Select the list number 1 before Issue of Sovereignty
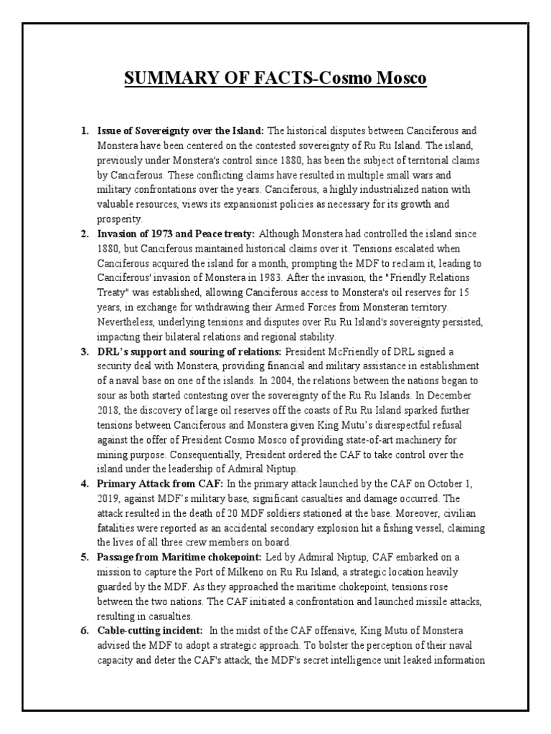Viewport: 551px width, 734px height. coord(84,131)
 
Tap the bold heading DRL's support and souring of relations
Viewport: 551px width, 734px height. coord(190,352)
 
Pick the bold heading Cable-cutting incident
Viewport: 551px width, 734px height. coord(149,631)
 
